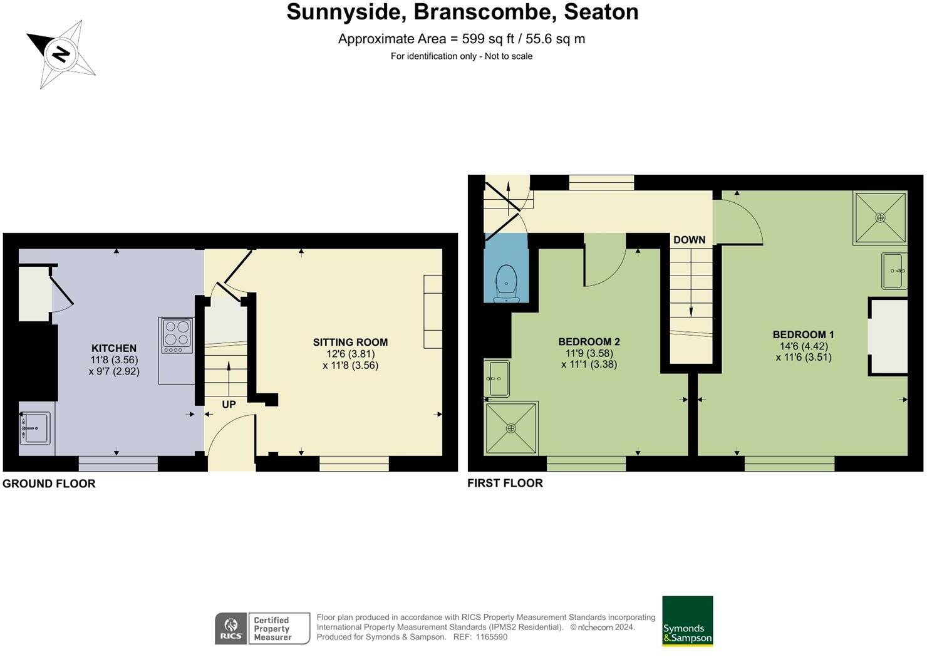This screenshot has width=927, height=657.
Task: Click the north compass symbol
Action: (61, 54)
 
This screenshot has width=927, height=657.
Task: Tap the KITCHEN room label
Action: (114, 349)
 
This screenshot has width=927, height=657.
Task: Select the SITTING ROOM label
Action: (350, 343)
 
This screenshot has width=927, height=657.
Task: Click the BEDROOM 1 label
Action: (803, 335)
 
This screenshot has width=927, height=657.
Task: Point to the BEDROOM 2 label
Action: (589, 342)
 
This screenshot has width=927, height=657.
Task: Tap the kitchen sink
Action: (35, 428)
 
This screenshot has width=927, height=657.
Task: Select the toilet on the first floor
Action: (505, 282)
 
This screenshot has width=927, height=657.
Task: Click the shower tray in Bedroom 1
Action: (880, 217)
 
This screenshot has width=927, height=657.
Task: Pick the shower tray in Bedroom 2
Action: (511, 428)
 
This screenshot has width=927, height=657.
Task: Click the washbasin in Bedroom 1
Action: (894, 271)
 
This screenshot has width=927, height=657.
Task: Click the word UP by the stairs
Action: (229, 405)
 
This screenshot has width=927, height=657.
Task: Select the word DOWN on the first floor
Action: (689, 240)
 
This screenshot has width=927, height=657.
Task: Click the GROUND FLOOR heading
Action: (49, 484)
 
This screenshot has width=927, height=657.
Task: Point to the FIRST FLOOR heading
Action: (505, 483)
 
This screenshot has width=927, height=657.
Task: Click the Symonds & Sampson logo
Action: (687, 621)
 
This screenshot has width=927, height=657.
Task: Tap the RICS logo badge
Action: (231, 628)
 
